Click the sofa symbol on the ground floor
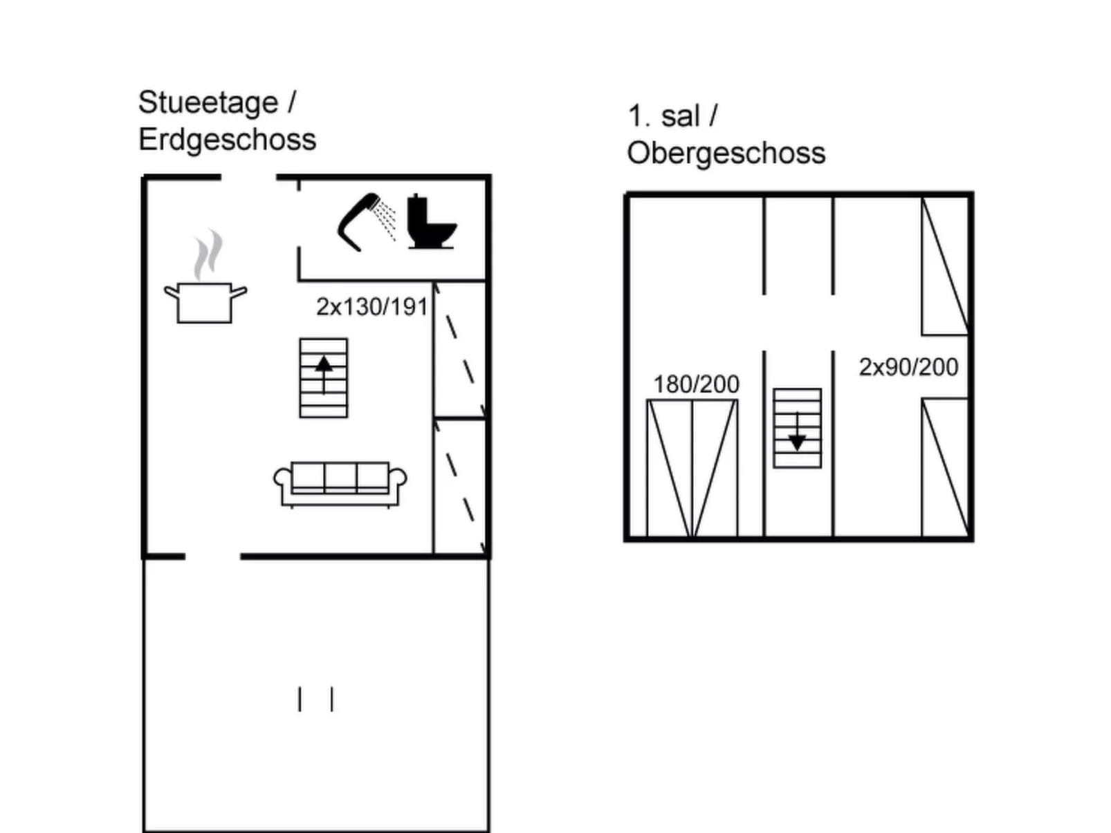(x=340, y=485)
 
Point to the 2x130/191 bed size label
(x=372, y=306)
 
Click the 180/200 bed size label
(x=696, y=384)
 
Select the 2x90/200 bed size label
(x=908, y=367)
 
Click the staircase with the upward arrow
(x=324, y=378)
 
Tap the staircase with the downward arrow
(x=797, y=429)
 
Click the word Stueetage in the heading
(x=208, y=102)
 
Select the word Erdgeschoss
(x=228, y=140)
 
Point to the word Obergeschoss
(x=726, y=153)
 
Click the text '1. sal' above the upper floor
(x=664, y=116)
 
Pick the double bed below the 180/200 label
(x=692, y=468)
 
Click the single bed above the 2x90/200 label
(x=945, y=265)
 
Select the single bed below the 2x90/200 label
(x=945, y=468)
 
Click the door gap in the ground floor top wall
(x=248, y=177)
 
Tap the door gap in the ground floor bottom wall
(x=212, y=556)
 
